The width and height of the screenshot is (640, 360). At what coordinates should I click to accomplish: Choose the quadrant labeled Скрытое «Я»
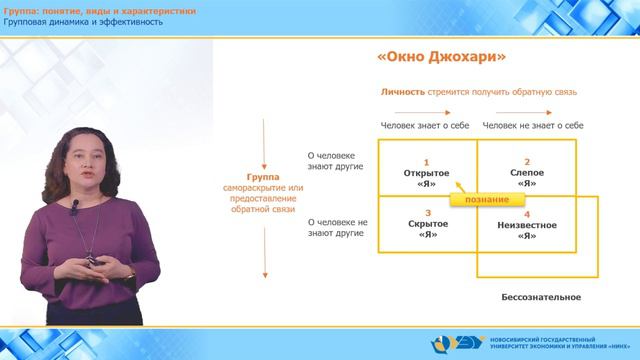[426, 229]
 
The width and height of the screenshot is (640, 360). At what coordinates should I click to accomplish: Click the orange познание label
[487, 200]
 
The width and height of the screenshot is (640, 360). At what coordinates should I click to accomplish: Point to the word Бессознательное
[540, 298]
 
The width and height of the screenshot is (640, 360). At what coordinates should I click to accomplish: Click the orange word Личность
[402, 92]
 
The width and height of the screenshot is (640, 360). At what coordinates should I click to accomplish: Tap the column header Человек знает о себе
[424, 126]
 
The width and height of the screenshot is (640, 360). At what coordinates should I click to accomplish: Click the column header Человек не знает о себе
[533, 126]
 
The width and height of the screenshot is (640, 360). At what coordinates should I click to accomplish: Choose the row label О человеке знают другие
[338, 162]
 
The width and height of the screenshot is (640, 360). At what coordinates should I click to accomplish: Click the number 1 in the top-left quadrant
[426, 162]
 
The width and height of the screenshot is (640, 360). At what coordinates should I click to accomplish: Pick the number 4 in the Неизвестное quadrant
[526, 214]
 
